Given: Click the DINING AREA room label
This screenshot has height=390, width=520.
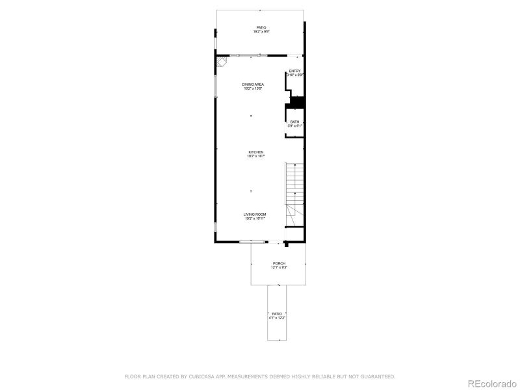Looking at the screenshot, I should (x=253, y=84).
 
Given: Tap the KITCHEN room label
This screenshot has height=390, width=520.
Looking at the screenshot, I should (x=255, y=152).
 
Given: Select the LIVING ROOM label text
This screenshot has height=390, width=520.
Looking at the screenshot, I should (x=255, y=214).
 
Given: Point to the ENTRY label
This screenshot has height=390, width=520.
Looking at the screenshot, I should (x=295, y=71).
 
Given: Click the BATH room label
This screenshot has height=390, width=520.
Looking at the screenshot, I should (x=295, y=122).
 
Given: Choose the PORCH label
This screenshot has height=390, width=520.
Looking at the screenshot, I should (x=279, y=263).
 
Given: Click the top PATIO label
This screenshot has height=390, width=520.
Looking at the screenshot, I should (x=261, y=27).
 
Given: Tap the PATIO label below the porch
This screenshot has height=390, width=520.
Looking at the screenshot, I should (x=278, y=314).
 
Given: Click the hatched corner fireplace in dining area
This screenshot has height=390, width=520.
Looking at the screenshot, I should (x=223, y=62).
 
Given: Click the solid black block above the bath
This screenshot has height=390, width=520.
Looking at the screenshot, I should (x=297, y=102).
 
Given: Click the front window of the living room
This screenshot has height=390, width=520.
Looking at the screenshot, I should (x=252, y=242).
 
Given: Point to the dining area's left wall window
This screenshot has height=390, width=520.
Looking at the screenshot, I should (x=216, y=84).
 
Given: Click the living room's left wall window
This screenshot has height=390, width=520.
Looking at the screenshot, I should (x=216, y=228).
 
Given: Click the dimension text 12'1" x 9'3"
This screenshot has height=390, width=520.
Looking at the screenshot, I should (x=279, y=267).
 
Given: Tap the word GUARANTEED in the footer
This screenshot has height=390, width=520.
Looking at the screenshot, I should (x=376, y=376).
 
